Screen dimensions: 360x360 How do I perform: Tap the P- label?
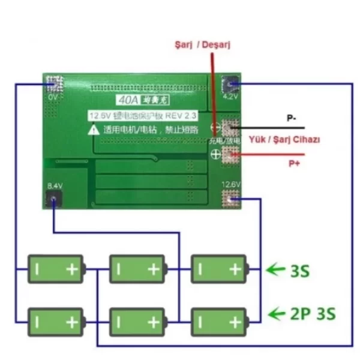[x=290, y=118]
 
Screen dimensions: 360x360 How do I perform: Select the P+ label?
[x=294, y=163]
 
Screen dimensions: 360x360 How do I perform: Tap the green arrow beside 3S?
[x=275, y=270]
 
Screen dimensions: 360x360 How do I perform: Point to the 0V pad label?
[x=53, y=97]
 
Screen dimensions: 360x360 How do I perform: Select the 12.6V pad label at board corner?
[x=231, y=184]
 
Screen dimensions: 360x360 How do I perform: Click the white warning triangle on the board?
[x=94, y=128]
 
